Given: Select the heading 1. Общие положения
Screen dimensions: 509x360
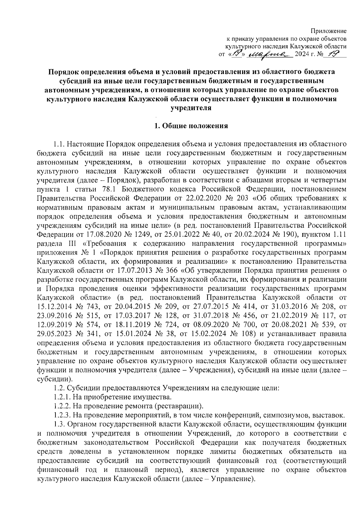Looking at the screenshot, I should point(191,126).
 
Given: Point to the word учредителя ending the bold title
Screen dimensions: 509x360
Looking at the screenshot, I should point(191,108).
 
